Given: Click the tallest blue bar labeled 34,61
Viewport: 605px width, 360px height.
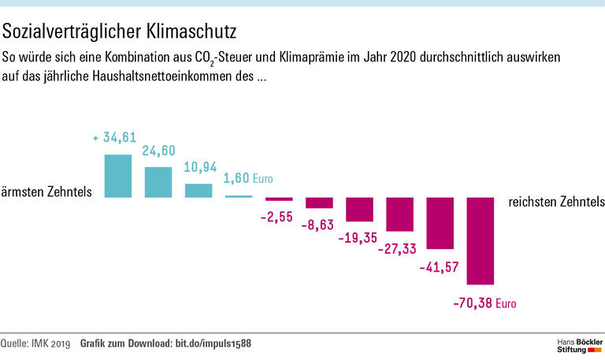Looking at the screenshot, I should (118, 176).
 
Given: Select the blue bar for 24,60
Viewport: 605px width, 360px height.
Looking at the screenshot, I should (158, 181).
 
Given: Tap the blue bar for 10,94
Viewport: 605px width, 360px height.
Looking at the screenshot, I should (199, 190).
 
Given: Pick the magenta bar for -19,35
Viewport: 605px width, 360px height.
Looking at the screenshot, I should (359, 210).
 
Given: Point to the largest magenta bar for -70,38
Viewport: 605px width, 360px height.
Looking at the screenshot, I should (480, 240).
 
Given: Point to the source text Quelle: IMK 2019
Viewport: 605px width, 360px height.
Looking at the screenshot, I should (35, 344).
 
